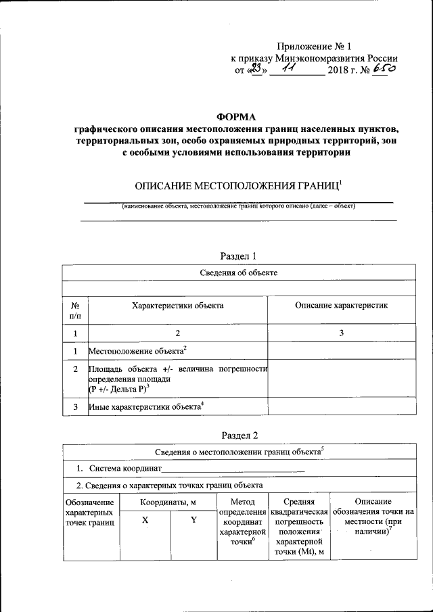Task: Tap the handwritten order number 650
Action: point(383,69)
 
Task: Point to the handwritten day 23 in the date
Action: point(255,69)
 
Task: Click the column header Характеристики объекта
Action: point(177,306)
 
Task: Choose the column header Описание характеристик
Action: point(341,306)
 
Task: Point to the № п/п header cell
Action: point(75,310)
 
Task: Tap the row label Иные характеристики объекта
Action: point(145,407)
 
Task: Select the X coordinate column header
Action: point(145,519)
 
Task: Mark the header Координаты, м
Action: point(168,502)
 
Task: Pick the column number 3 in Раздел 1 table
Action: point(341,333)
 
